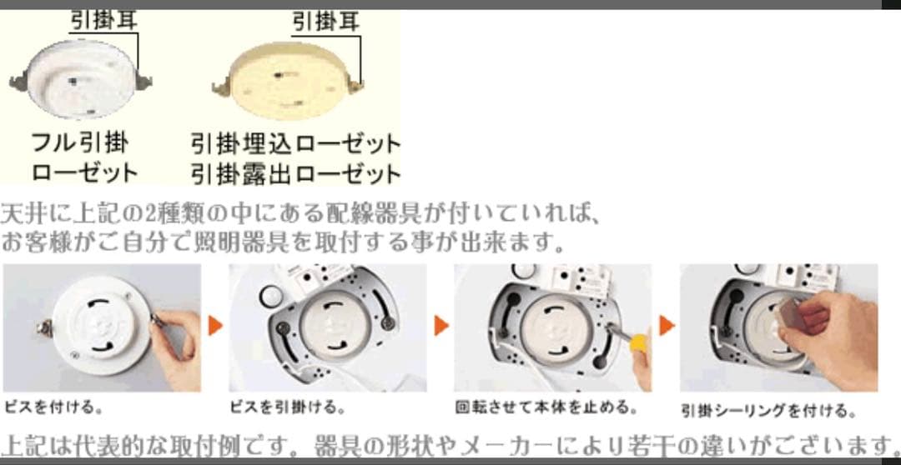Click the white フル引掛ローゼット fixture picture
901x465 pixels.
tap(80, 79)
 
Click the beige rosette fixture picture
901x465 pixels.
tap(287, 80)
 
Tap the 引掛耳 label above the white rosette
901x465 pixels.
tap(104, 21)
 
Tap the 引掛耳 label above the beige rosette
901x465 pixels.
tap(326, 22)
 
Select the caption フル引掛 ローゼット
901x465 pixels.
tap(84, 157)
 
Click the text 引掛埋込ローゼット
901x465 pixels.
tap(295, 143)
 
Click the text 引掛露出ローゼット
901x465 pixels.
tap(295, 173)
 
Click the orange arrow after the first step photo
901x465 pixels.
tap(215, 326)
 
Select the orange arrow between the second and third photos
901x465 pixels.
tap(440, 326)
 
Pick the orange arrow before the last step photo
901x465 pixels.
tap(667, 326)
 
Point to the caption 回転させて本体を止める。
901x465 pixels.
tap(546, 408)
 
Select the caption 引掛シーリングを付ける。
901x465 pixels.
tap(768, 411)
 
